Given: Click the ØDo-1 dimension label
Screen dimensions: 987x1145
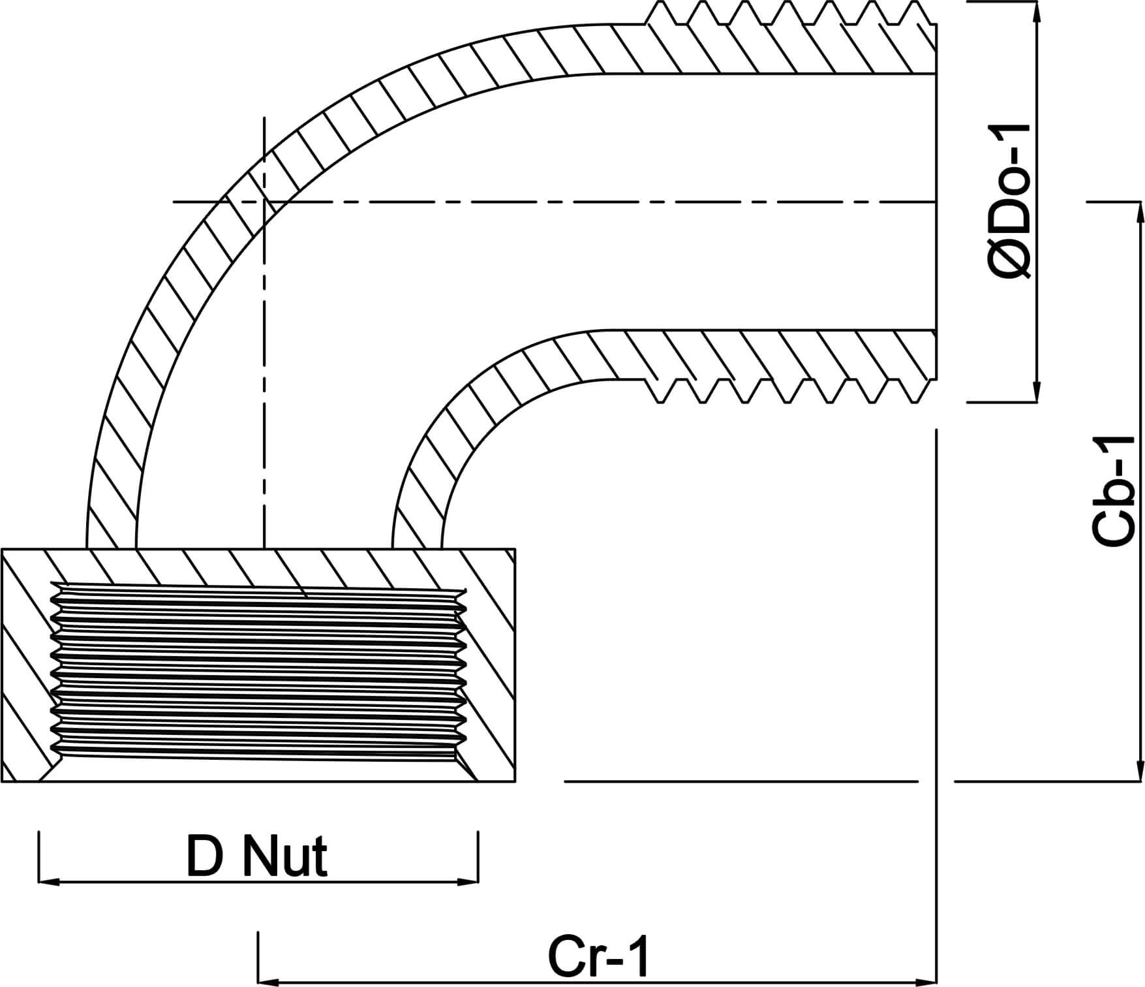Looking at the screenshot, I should tap(1010, 202).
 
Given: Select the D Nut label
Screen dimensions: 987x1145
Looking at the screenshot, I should tap(256, 856).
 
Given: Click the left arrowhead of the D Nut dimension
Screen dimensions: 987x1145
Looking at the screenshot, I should tap(48, 882).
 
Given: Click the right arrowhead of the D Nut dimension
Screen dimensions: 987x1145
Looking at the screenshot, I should tap(469, 882).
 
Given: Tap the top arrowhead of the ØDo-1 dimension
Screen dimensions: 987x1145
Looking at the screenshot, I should tap(1036, 10).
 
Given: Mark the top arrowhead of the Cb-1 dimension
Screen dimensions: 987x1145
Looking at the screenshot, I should tap(1140, 211).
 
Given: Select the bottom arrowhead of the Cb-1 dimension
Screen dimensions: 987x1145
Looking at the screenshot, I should tap(1140, 771).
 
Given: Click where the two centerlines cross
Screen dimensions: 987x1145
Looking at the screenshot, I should tap(264, 202).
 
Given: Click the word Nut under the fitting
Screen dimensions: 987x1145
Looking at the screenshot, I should tap(284, 856).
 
